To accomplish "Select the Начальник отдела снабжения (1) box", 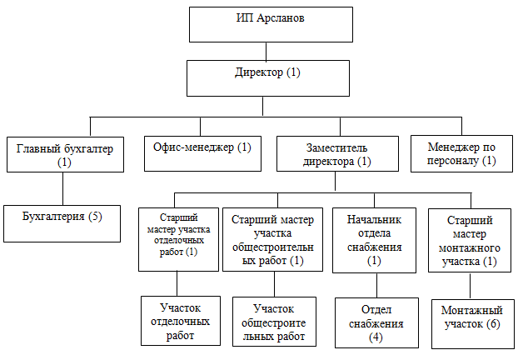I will click(374, 239).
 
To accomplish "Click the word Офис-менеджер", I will click(192, 147).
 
